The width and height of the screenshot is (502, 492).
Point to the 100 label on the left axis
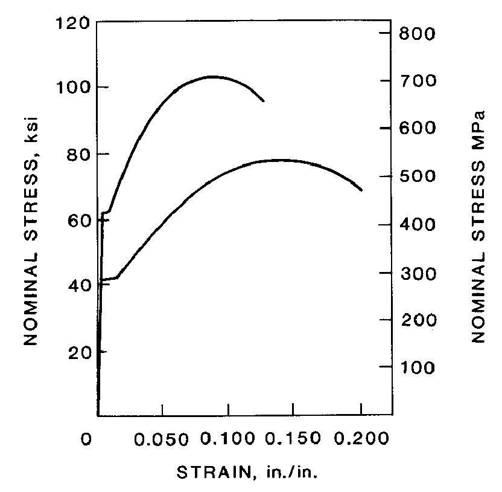[x=75, y=88]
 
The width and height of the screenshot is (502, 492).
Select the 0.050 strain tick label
[x=162, y=439]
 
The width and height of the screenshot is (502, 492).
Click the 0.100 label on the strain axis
[x=227, y=439]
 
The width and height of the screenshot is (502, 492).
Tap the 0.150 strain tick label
[x=293, y=439]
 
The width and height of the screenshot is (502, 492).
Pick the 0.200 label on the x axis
[x=360, y=439]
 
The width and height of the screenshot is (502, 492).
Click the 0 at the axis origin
[x=88, y=439]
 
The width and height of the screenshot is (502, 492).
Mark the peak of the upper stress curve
[x=212, y=76]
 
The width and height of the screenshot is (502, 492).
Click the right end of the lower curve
[x=362, y=190]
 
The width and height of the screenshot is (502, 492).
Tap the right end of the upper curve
[x=264, y=101]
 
